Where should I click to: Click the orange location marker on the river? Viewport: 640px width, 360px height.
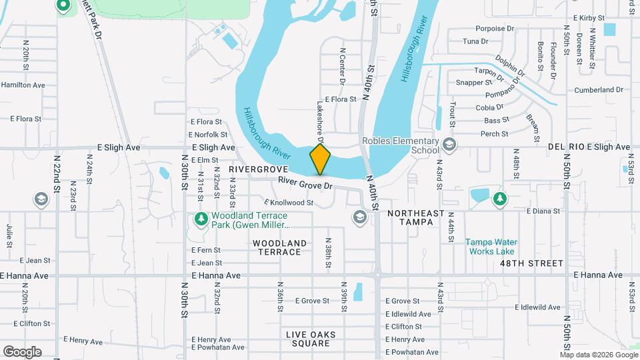[x=321, y=159]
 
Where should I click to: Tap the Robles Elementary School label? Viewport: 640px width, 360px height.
[x=400, y=145]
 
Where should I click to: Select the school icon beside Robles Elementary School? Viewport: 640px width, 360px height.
[x=450, y=144]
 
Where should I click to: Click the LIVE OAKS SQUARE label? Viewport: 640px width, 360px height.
[x=311, y=339]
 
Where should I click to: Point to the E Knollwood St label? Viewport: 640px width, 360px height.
[x=289, y=202]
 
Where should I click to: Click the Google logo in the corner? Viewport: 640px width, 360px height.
[x=22, y=351]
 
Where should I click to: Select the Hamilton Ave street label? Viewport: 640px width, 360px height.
[x=23, y=85]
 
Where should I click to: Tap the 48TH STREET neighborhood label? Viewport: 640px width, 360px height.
[x=532, y=263]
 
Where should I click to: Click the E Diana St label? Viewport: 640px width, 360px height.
[x=543, y=211]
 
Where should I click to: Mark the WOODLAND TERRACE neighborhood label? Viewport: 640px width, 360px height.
[x=281, y=247]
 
